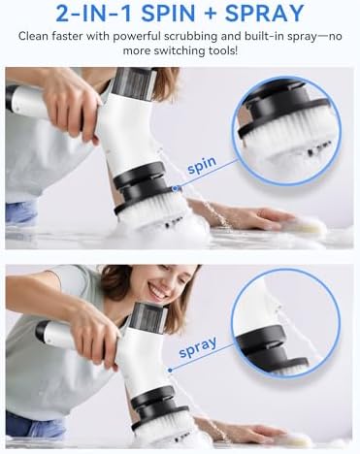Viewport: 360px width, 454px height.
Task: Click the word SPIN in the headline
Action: (168, 14)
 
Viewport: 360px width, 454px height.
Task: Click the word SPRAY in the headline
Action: (264, 14)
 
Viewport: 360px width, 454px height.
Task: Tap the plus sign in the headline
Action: (210, 14)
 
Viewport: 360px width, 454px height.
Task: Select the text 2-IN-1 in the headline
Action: (95, 14)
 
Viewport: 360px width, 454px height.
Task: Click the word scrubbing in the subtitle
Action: (191, 37)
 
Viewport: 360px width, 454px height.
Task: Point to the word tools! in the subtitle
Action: (220, 50)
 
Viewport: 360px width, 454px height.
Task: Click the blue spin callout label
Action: (202, 165)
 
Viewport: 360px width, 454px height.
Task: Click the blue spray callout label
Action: (198, 347)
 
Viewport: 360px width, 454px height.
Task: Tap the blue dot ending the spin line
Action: (176, 188)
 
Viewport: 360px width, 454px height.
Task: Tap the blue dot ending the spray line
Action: (170, 370)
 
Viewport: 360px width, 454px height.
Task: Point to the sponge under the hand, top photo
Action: (308, 226)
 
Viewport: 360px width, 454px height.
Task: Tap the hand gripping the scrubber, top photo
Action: (76, 104)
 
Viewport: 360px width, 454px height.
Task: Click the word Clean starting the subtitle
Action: (33, 36)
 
